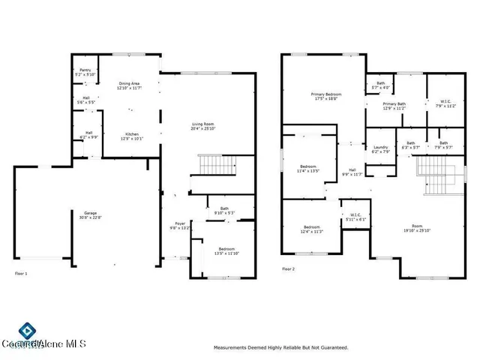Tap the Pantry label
(x=85, y=73)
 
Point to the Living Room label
(x=203, y=126)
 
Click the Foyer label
(x=180, y=224)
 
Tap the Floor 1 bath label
(x=224, y=211)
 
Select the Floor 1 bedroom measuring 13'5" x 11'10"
(x=226, y=250)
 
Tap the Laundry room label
(x=381, y=149)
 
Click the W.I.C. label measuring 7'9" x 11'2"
(x=445, y=103)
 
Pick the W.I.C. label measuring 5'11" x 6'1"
(x=356, y=217)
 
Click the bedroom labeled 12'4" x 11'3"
(x=312, y=229)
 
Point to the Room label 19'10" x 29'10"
(x=416, y=228)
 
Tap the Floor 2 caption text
(x=289, y=268)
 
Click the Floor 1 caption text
(x=21, y=273)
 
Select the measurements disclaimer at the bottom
(x=280, y=347)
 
